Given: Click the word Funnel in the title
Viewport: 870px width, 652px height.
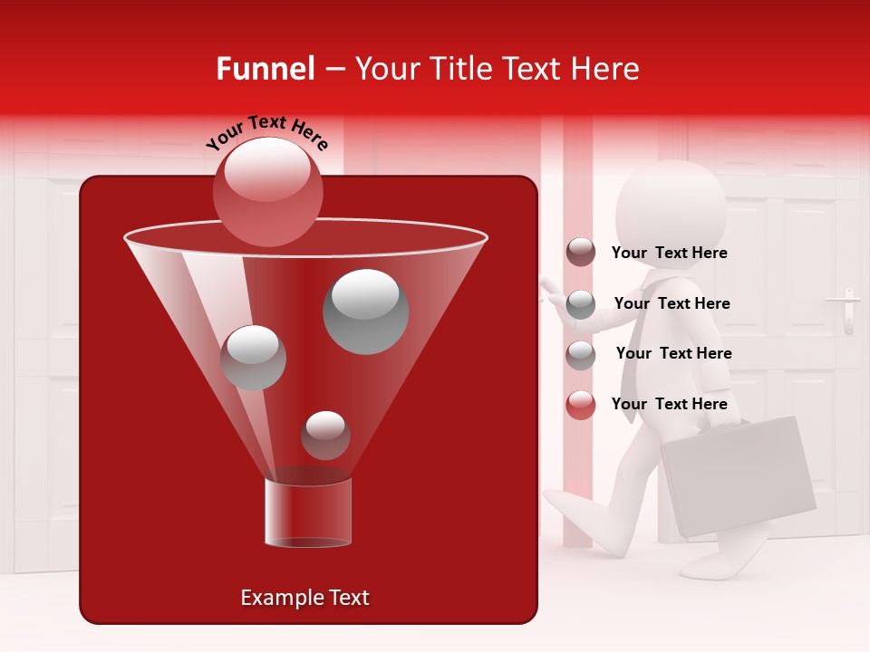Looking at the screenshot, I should [x=266, y=69].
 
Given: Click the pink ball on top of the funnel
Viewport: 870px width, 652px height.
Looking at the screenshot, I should [x=267, y=191].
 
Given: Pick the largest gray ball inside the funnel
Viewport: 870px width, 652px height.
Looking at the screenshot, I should [x=365, y=311].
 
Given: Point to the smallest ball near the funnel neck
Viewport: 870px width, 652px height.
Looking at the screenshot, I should [x=325, y=435].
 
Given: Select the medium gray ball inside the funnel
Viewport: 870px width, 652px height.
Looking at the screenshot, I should [x=253, y=357].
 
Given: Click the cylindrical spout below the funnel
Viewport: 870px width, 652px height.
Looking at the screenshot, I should [x=308, y=513].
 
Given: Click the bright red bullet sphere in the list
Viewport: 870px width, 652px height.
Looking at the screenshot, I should [x=581, y=405].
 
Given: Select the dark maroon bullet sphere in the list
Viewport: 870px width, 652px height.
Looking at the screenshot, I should [x=581, y=253].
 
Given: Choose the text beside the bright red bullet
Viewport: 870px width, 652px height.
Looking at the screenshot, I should [x=670, y=404].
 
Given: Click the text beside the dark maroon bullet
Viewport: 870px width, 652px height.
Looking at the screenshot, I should [x=670, y=254].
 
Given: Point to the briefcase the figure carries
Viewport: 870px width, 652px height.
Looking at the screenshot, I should [x=738, y=475].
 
